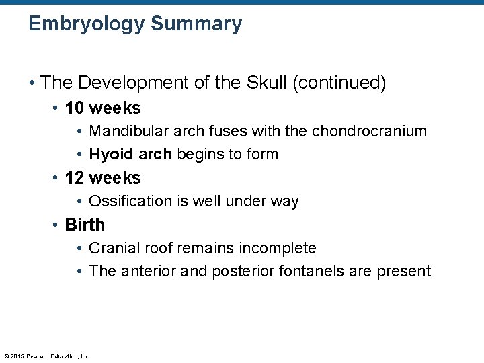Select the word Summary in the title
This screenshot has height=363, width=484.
coord(196,24)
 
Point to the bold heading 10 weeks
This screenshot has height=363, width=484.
coord(103,108)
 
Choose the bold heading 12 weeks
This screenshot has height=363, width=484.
coord(103,177)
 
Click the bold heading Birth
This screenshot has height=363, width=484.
coord(85,225)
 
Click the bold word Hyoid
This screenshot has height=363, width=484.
coord(112,154)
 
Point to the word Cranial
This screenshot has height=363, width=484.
coord(112,248)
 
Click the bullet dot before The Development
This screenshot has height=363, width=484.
coord(32,83)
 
